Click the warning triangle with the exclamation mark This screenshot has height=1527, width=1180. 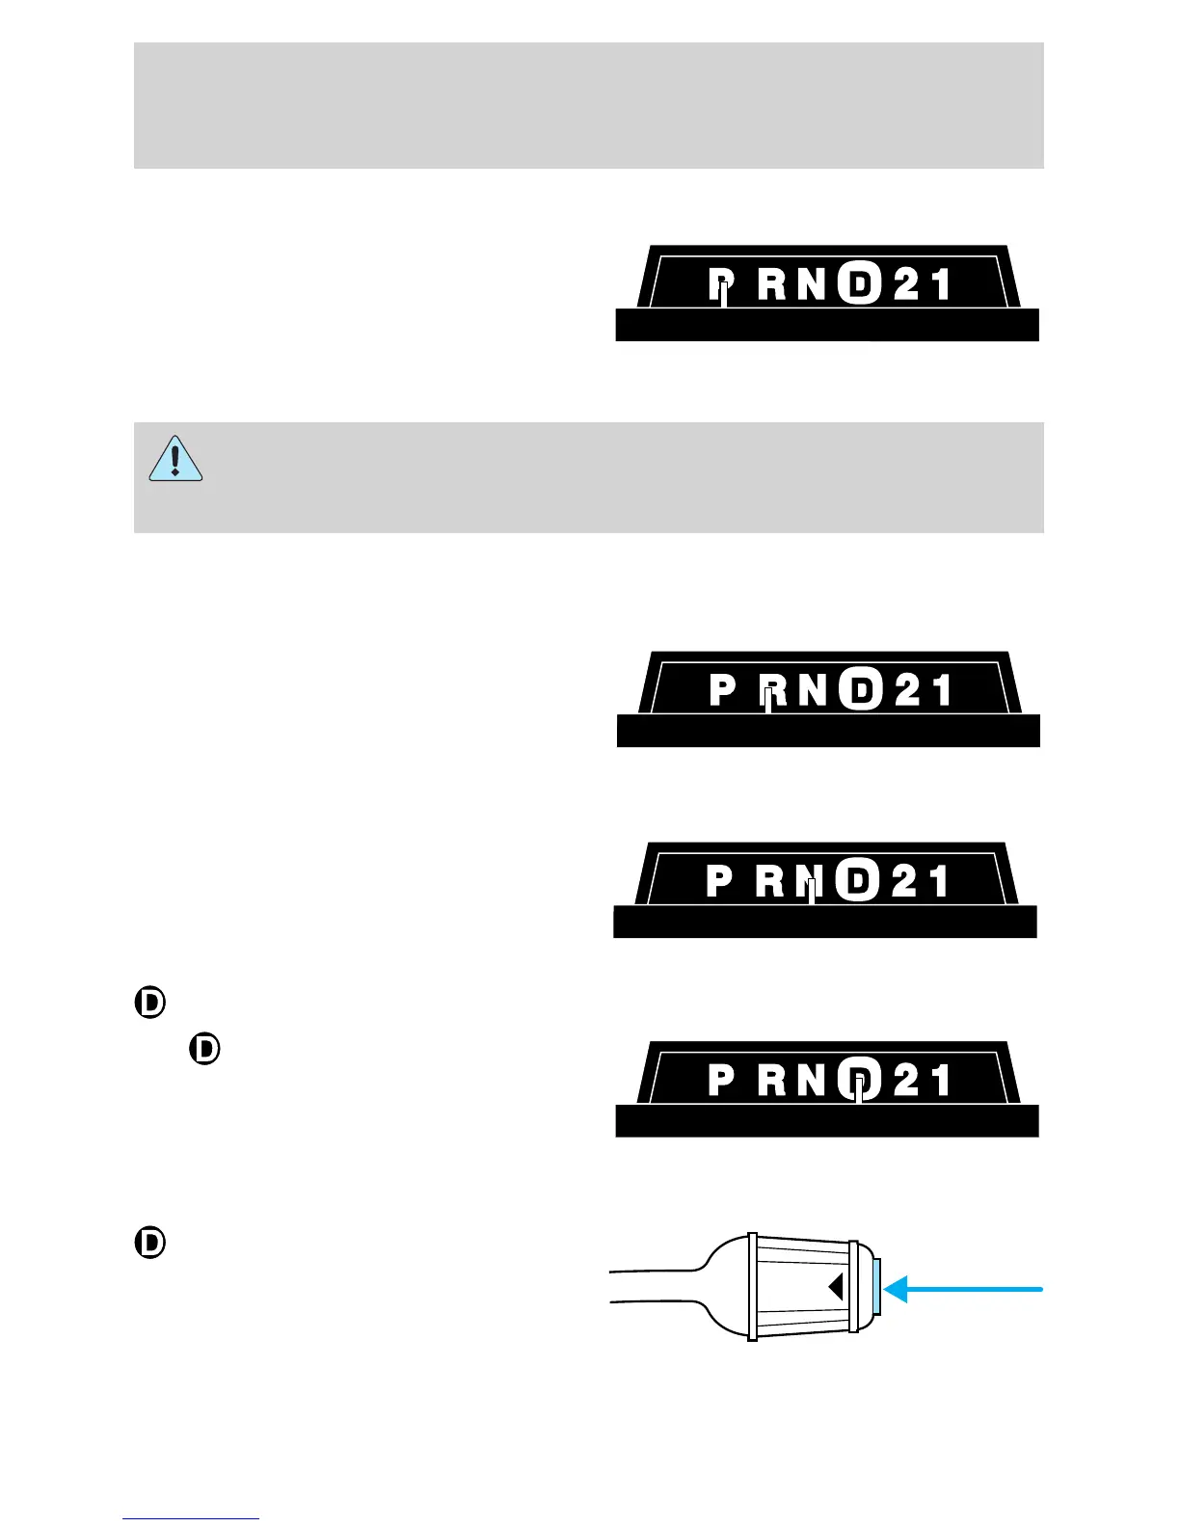tap(174, 459)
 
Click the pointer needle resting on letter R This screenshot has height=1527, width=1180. tap(768, 700)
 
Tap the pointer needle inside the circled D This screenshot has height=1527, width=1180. tap(859, 1089)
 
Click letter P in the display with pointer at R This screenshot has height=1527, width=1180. tap(722, 690)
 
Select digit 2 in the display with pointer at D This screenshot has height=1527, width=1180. tap(906, 1080)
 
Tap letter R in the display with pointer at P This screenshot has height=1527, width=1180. tap(771, 284)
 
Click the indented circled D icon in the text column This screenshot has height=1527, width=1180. tap(205, 1049)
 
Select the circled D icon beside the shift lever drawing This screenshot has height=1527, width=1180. tap(150, 1243)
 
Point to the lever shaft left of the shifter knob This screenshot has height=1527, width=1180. tap(656, 1288)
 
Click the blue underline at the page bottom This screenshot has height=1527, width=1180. tap(191, 1518)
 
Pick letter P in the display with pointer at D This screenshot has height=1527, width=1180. tap(721, 1080)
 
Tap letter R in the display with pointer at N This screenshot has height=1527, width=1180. tap(770, 881)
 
